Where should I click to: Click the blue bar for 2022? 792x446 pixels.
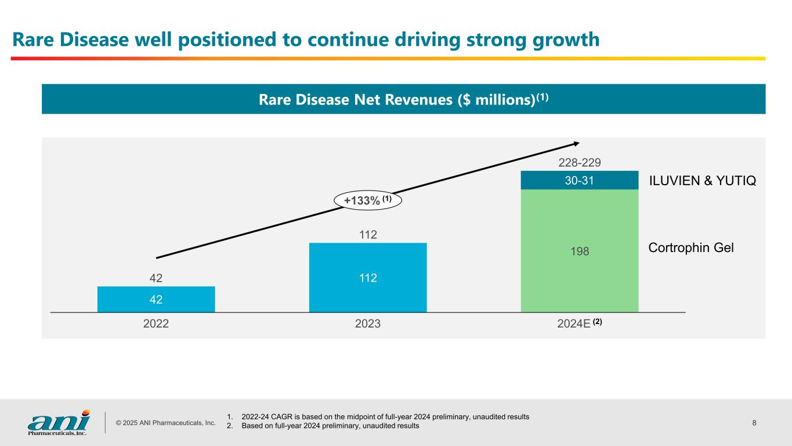[156, 299]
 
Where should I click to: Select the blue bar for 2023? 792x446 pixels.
[368, 278]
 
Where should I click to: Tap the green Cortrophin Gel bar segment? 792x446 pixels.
[580, 251]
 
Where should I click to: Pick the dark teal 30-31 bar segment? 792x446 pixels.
[580, 180]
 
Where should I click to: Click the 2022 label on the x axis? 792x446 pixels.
[156, 324]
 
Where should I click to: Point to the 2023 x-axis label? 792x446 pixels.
[368, 324]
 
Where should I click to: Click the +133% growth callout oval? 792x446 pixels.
[368, 200]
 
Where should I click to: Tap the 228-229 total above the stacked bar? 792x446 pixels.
[580, 163]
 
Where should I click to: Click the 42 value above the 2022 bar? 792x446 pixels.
[156, 278]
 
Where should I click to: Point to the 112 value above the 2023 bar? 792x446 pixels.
[368, 235]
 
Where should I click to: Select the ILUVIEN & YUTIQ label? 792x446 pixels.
[701, 182]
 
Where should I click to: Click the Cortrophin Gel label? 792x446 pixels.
[690, 248]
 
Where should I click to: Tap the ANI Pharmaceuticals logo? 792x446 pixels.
[59, 422]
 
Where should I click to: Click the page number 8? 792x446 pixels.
[754, 423]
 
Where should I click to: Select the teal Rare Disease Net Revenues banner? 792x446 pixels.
[403, 99]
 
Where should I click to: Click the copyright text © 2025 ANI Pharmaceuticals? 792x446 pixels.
[165, 423]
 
